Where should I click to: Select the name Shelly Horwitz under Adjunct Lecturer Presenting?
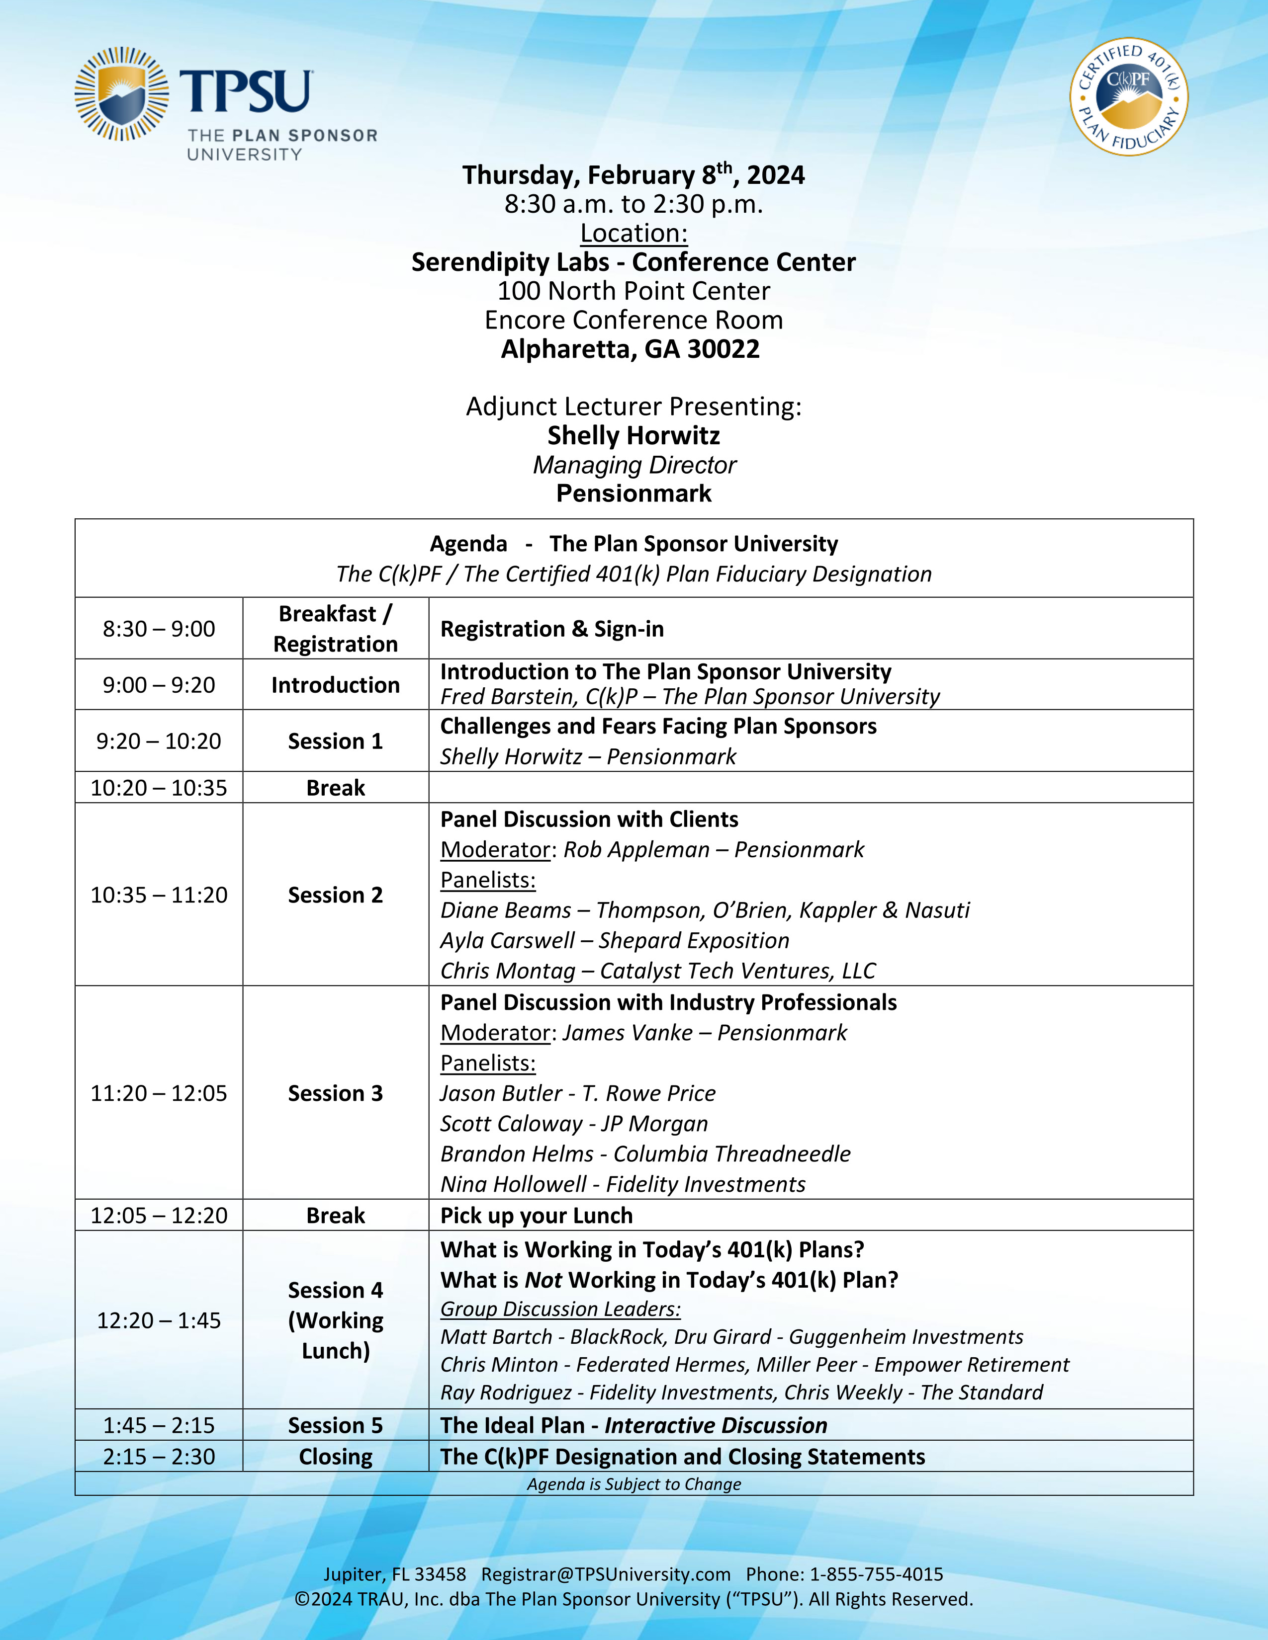point(633,435)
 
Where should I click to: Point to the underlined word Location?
point(633,234)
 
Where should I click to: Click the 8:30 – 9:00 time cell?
point(159,629)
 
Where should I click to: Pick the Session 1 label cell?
point(335,741)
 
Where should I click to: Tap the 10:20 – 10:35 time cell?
point(159,788)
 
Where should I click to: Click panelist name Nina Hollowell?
point(513,1184)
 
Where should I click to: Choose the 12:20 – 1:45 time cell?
point(159,1320)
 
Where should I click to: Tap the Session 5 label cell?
point(335,1425)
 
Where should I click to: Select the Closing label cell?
point(335,1457)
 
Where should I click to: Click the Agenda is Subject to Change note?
point(633,1484)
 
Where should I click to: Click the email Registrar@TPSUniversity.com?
point(606,1575)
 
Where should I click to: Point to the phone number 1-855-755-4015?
point(876,1575)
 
